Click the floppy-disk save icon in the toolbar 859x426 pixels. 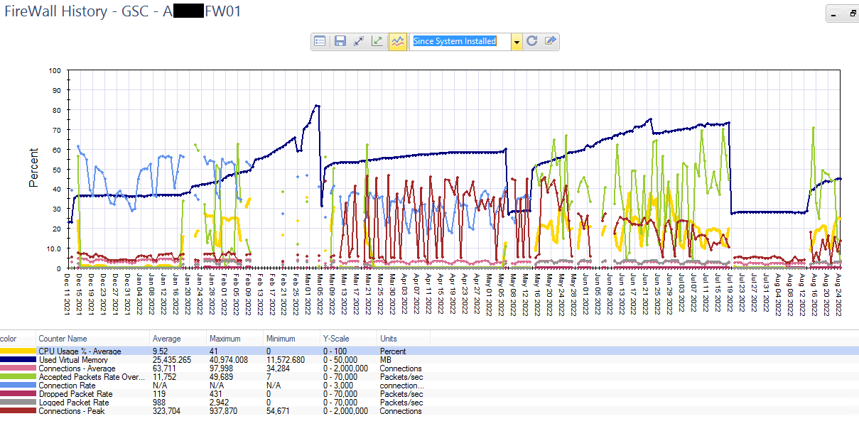pos(340,41)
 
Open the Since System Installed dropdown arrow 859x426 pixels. pos(517,42)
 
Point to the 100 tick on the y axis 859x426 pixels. pos(54,70)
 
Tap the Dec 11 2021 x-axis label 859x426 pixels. pos(68,292)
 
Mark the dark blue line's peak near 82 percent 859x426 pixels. pos(317,106)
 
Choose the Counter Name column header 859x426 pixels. pos(63,339)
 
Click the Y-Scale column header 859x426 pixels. pos(337,339)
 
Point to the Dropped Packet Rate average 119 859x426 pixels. pos(159,394)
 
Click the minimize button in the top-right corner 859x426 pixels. pos(834,13)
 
